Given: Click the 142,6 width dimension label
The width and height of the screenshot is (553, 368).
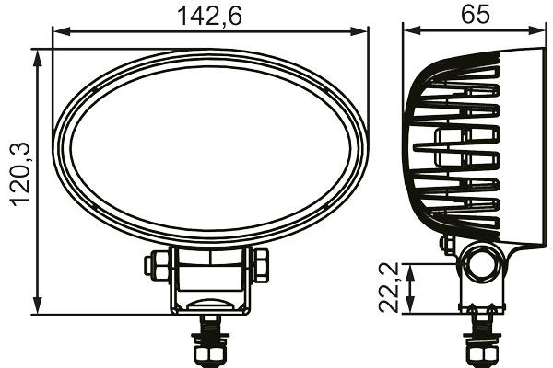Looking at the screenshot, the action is (x=209, y=17).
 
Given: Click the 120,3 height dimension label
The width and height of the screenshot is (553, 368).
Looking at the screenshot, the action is (x=21, y=175).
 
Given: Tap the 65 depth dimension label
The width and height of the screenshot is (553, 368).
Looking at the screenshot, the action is (x=476, y=15).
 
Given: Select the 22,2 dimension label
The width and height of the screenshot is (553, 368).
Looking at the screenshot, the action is (x=389, y=288).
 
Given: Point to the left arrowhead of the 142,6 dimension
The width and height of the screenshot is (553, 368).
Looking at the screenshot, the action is (x=61, y=31).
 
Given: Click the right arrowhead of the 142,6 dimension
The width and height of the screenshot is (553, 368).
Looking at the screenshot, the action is (x=359, y=31).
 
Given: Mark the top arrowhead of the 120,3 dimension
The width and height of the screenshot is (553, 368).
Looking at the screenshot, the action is (x=38, y=58).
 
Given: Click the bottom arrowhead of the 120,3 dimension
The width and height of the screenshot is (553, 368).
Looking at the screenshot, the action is (x=38, y=305).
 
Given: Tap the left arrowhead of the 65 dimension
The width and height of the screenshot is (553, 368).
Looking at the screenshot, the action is (x=412, y=31).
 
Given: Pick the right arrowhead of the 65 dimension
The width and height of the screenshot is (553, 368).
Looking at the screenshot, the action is (x=536, y=31).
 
